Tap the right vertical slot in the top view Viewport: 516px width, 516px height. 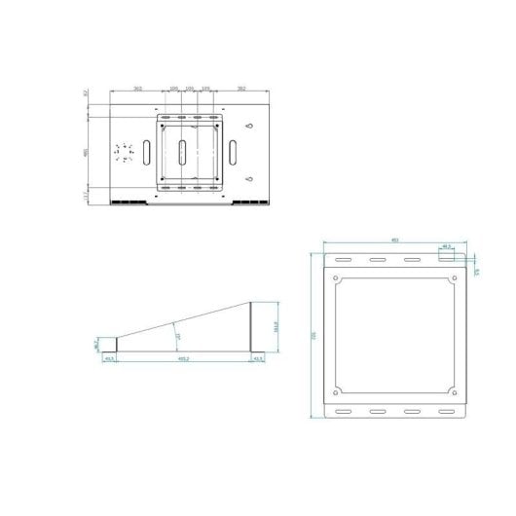tap(235, 152)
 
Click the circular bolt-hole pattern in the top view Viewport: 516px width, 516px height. tap(123, 153)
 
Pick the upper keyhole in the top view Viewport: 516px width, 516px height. tap(251, 128)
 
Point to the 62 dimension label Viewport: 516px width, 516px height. tap(86, 93)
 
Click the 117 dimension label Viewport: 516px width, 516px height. tap(86, 196)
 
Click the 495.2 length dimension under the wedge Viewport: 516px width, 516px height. tap(183, 359)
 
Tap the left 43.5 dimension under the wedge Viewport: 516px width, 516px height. tap(110, 359)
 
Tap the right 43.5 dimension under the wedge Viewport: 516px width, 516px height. tap(257, 359)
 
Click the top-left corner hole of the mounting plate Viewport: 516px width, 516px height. tap(336, 279)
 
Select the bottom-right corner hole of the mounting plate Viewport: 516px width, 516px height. tap(454, 392)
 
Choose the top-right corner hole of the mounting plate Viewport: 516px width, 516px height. tap(454, 279)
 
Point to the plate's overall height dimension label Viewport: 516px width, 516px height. tap(313, 335)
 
